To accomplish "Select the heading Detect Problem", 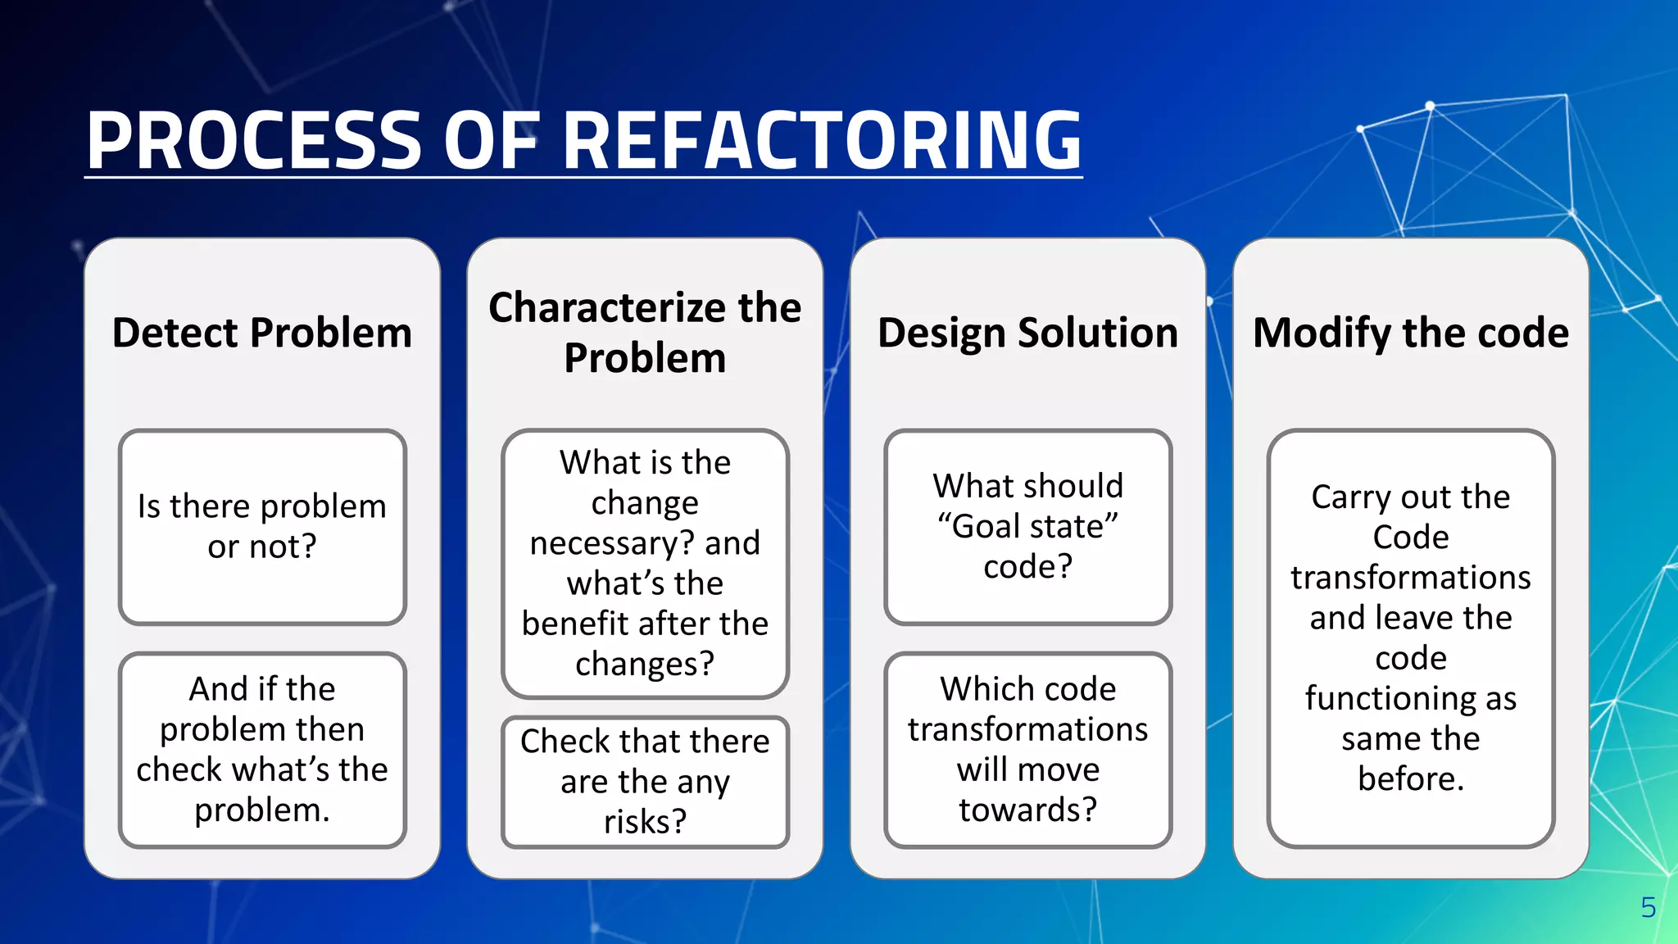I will coord(261,333).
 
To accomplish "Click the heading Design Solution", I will coord(1027,333).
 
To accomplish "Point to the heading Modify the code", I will coord(1410,333).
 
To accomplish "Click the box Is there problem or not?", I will coord(261,526).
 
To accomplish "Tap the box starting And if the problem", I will coord(261,749).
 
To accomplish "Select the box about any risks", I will coord(645,781).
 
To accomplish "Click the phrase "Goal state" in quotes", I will coord(1027,526).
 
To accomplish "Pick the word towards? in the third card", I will coord(1027,810).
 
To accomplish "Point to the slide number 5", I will coord(1648,907).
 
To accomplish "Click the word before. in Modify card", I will coord(1410,778).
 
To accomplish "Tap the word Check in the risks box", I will coord(565,742).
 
